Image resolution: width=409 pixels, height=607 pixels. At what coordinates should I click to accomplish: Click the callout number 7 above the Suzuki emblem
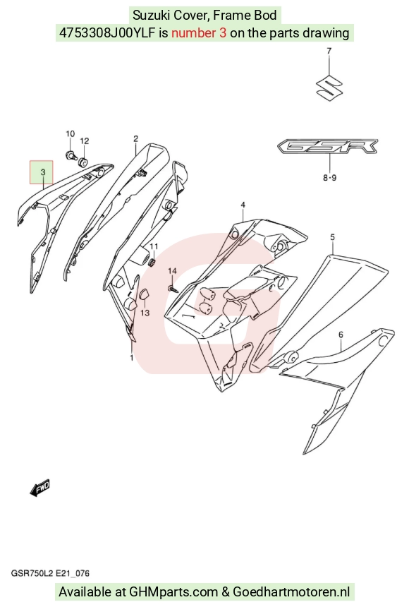pos(329,50)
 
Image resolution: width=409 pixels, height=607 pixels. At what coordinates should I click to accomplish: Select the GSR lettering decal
pos(327,147)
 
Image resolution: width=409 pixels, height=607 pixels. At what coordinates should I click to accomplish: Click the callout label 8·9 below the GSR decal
pos(330,178)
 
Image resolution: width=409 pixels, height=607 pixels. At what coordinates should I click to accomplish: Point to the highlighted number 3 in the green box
pos(42,172)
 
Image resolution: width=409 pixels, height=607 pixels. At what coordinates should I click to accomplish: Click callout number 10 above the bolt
pos(70,134)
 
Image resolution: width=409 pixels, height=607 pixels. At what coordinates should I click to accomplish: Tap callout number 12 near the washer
pos(85,141)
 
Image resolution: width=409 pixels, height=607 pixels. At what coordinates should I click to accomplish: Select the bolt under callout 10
pos(71,155)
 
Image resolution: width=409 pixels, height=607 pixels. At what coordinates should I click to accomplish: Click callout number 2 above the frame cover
pos(136,138)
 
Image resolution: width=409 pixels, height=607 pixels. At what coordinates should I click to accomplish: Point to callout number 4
pos(243,205)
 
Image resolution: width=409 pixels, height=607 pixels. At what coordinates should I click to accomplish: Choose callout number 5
pos(333,237)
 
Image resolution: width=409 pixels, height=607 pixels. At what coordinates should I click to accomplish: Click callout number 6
pos(341,335)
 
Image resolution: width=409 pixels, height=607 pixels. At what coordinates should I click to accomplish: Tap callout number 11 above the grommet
pos(154,246)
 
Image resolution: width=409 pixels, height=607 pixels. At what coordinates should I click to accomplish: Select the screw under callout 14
pos(173,289)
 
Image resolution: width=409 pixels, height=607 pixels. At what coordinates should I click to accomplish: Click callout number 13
pos(145,313)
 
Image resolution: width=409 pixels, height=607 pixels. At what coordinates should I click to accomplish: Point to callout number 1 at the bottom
pos(132,357)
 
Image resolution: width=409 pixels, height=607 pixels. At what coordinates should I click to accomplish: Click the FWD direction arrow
pos(40,488)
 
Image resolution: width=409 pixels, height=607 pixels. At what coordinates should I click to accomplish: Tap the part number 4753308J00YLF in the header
pos(108,33)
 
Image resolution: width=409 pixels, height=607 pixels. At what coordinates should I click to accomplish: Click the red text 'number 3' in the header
pos(198,33)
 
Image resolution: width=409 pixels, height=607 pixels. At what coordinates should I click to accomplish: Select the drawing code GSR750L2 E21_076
pos(50,573)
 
